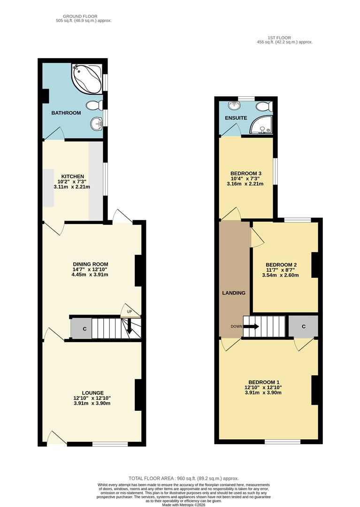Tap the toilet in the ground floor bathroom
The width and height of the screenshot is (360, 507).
pos(96,104)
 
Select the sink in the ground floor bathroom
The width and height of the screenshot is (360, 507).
pos(97,124)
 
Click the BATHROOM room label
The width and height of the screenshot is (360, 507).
pos(66,113)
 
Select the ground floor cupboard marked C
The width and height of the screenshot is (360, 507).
pos(84,329)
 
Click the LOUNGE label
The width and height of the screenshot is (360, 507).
pos(92,393)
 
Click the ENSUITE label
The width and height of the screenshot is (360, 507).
pos(236,118)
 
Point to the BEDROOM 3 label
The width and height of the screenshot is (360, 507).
pos(246,173)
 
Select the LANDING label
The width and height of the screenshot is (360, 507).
pos(234,293)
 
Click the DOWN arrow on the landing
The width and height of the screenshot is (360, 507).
pos(251,326)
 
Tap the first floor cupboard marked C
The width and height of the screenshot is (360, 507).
pos(304,326)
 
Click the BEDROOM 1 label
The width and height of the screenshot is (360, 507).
pos(263,382)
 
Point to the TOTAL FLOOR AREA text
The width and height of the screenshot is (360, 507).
pos(180,478)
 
